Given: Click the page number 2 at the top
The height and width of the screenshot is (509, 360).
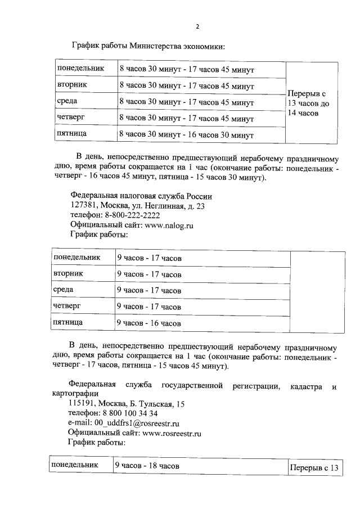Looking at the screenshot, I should [197, 26].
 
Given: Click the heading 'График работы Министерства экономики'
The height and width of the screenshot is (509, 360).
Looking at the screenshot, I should [148, 45].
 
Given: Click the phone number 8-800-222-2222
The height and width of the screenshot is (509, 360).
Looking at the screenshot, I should [131, 215].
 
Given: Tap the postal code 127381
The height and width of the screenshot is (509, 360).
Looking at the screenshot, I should [83, 206].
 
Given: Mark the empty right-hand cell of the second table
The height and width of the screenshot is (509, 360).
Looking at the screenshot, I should [317, 291].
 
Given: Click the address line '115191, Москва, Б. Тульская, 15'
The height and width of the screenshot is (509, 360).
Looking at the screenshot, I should [126, 404].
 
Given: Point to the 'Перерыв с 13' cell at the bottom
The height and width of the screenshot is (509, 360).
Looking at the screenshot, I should [315, 467].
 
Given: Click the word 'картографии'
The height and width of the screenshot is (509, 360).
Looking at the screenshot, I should [75, 394].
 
